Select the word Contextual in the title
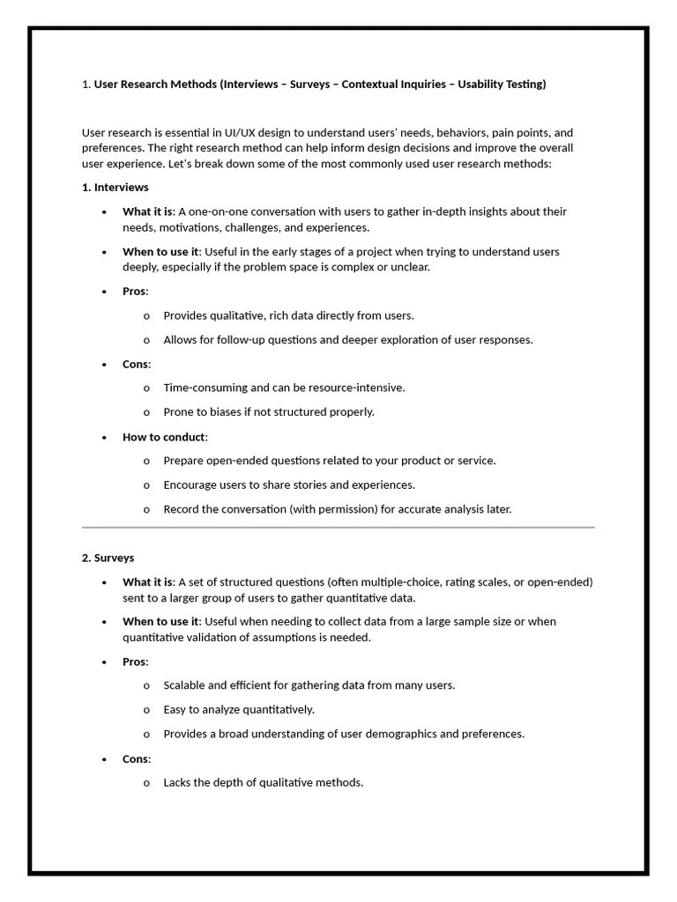pos(371,85)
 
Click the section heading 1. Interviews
pos(115,188)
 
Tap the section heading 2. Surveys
pos(108,558)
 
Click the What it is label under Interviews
pos(147,211)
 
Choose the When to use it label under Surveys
pos(160,621)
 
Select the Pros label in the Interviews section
pos(135,291)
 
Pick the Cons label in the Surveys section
pos(136,758)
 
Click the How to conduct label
pos(164,437)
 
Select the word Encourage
pos(192,484)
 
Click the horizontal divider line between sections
pos(338,528)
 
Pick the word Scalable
pos(185,685)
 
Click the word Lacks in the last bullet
pos(177,782)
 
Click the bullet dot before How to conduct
pos(104,437)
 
